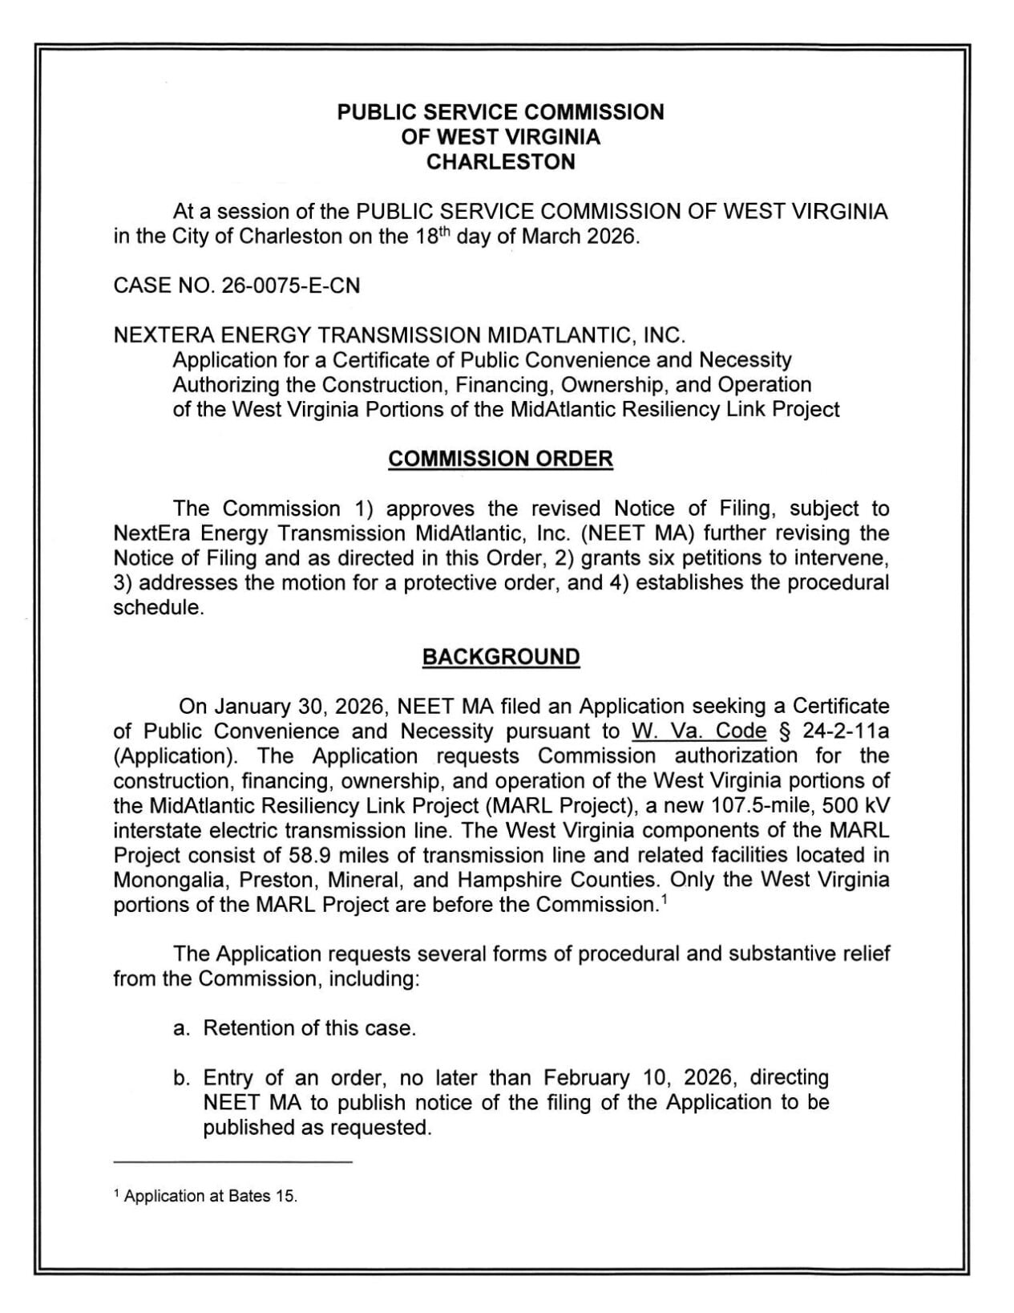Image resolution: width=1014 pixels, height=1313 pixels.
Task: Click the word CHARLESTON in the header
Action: coord(500,162)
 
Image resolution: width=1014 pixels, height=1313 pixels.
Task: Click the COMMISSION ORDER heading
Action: coord(500,459)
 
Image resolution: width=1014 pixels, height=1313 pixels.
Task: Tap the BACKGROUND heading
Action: coord(500,657)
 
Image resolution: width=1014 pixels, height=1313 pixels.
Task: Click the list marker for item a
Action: coord(181,1028)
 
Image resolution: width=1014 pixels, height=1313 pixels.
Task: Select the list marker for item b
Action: coord(181,1078)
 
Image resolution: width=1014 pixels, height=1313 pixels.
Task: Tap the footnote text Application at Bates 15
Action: coord(211,1196)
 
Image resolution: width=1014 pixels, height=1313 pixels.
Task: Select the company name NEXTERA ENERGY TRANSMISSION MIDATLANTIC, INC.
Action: coord(399,335)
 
